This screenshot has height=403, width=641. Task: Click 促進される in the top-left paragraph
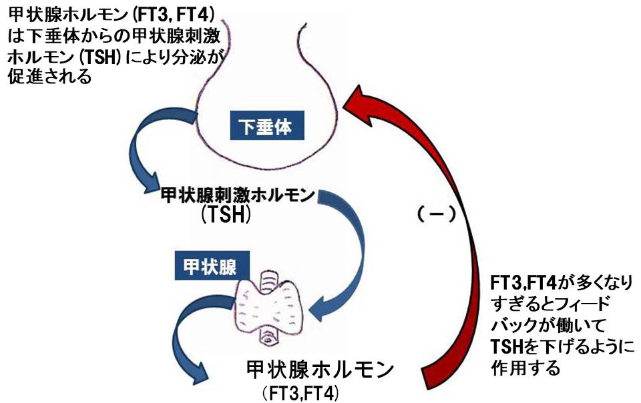pos(51,77)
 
